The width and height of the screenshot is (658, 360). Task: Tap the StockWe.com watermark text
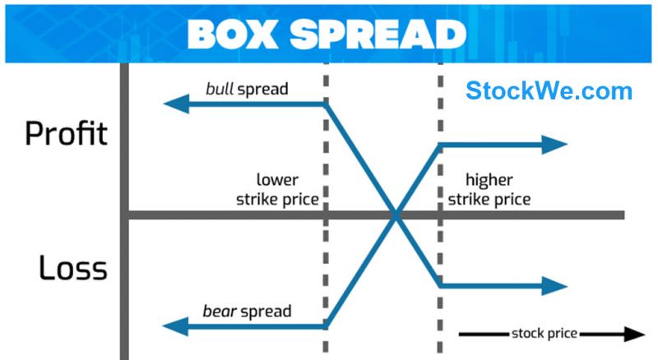click(x=549, y=90)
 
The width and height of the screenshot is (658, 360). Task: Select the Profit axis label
click(x=66, y=132)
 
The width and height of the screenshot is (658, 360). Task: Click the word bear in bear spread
click(x=220, y=312)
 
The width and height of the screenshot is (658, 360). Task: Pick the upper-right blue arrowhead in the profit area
click(x=557, y=145)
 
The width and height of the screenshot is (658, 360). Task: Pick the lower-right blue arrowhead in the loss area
click(x=557, y=286)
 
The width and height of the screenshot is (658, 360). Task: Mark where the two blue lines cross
click(x=396, y=216)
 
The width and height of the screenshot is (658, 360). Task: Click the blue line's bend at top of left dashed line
click(x=327, y=104)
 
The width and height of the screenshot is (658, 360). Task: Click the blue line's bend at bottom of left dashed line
click(x=327, y=325)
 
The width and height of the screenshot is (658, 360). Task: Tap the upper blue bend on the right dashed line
click(x=438, y=145)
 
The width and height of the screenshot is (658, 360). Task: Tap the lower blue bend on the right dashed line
click(x=438, y=285)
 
